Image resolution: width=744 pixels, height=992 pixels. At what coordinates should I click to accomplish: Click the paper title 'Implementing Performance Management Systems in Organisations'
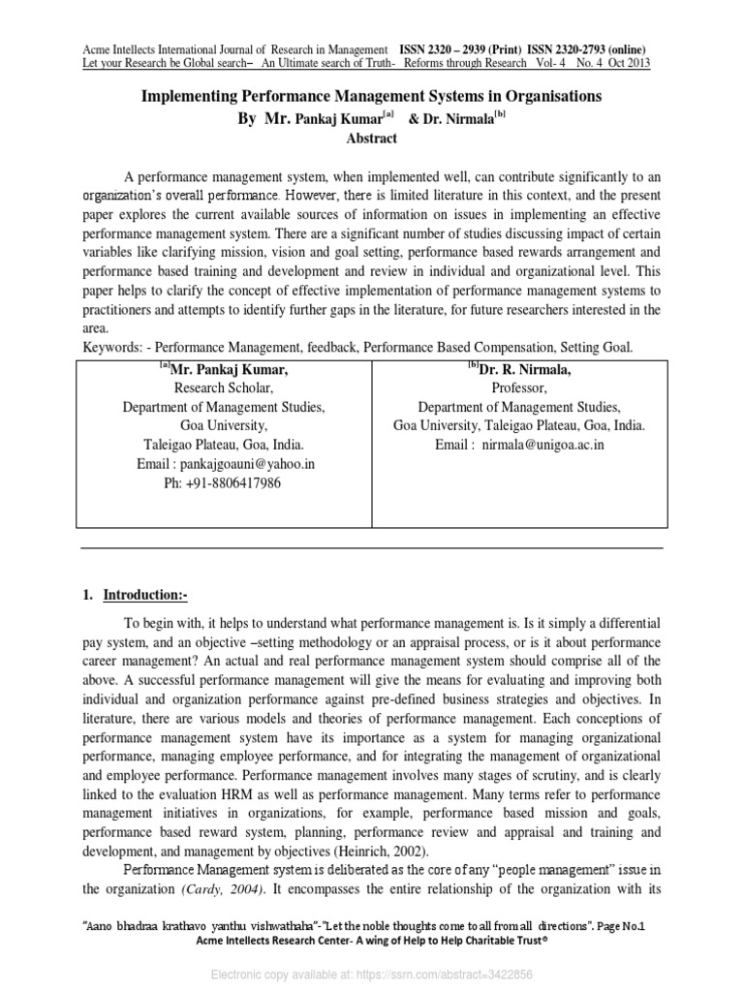pyautogui.click(x=372, y=97)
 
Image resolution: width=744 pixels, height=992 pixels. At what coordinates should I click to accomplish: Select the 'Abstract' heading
pyautogui.click(x=372, y=139)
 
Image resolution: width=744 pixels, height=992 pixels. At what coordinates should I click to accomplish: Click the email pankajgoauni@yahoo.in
pyautogui.click(x=226, y=464)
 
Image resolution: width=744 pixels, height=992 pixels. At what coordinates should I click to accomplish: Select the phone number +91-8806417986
pyautogui.click(x=225, y=483)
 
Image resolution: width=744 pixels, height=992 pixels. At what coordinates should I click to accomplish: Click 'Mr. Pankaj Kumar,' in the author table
pyautogui.click(x=229, y=369)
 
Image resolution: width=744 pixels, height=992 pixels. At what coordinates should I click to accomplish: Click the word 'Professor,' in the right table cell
pyautogui.click(x=519, y=387)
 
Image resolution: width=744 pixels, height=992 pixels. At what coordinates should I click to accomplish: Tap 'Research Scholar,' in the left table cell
pyautogui.click(x=224, y=387)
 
